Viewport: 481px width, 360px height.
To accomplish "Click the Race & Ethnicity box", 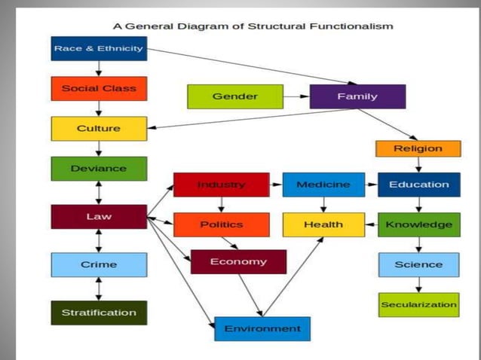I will pos(99,49).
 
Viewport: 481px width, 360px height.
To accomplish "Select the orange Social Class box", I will pos(99,89).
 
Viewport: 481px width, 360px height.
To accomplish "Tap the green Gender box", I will pos(234,96).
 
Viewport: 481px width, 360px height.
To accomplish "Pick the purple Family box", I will pos(357,96).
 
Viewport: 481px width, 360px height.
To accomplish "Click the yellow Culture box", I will pos(99,129).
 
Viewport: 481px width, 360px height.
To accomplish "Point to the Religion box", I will pos(418,148).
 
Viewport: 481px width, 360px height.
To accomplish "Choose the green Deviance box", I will pos(99,169).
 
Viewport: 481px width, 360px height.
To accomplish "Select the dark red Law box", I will pos(99,217).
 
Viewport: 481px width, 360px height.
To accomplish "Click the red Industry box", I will pos(221,185).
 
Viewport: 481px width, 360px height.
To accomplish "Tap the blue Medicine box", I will pos(323,185).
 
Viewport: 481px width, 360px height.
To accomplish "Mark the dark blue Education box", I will pos(418,185).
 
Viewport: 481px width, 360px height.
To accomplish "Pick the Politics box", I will pos(221,224).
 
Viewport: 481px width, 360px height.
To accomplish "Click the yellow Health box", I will pos(323,224).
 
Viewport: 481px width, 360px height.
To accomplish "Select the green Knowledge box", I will pos(418,224).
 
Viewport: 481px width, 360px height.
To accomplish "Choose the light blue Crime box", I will pos(99,264).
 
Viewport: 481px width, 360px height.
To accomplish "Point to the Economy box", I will pos(238,261).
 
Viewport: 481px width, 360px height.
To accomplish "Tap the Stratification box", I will pos(99,313).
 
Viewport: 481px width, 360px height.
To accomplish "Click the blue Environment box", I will pos(262,328).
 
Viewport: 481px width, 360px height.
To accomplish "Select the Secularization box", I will pos(418,304).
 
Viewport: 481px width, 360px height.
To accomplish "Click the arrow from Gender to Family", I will pos(296,96).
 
